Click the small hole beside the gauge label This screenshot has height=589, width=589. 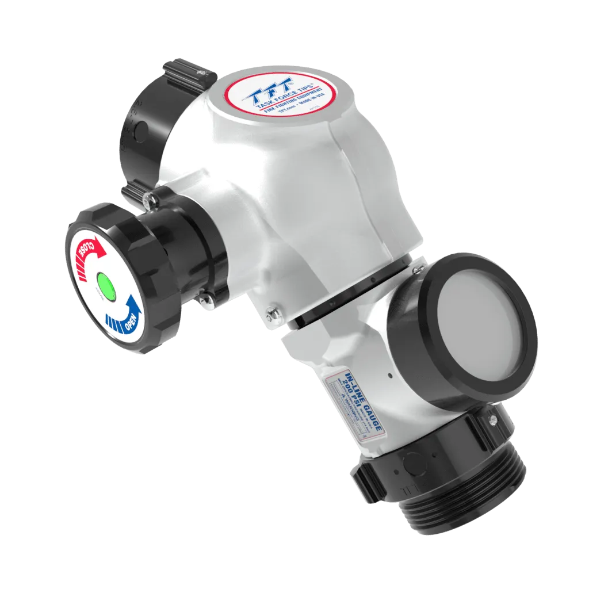[x=390, y=376]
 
